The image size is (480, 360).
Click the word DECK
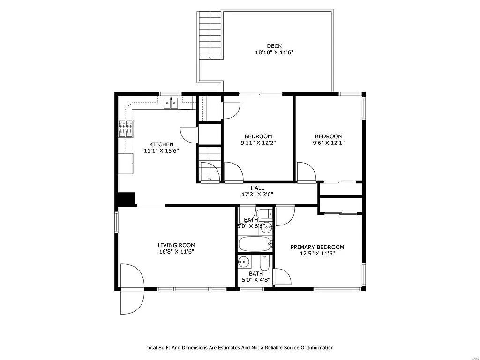(x=274, y=46)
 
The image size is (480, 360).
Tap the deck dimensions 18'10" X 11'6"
(x=274, y=53)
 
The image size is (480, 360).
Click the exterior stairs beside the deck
(x=210, y=35)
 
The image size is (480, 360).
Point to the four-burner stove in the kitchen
(x=126, y=129)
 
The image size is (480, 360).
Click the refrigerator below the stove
(x=126, y=163)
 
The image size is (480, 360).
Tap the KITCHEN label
(x=161, y=144)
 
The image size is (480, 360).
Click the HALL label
(x=257, y=188)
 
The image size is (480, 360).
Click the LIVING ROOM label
(x=176, y=245)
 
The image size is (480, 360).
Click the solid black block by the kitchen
(x=126, y=199)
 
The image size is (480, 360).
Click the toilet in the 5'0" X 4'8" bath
(x=264, y=263)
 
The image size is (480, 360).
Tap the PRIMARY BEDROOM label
(x=317, y=247)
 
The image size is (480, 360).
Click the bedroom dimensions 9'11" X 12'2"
(x=258, y=143)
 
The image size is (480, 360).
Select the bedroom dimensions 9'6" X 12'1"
(x=328, y=143)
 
